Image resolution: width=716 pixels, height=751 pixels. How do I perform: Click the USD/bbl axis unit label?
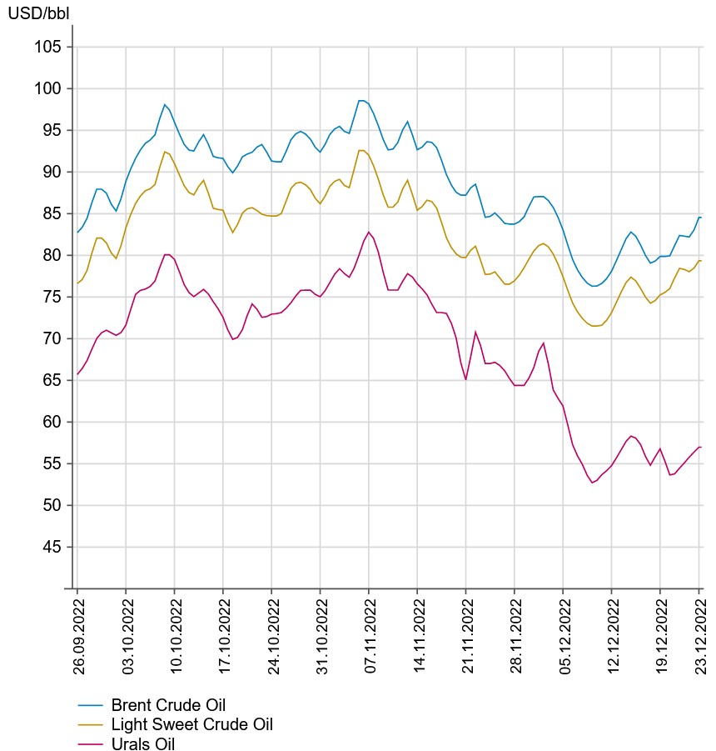38,13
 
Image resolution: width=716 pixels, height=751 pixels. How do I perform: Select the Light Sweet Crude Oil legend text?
191,724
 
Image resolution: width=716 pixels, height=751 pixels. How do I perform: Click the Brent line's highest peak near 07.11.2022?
361,100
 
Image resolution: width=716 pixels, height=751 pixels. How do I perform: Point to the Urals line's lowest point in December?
592,483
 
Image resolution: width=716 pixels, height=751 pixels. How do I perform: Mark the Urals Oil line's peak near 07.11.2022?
369,232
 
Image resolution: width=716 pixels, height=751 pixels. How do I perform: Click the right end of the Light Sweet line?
701,261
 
